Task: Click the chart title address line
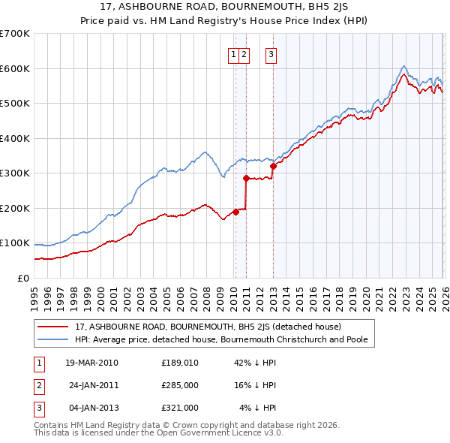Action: click(225, 7)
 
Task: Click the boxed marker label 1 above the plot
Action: click(234, 53)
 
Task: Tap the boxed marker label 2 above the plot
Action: click(246, 53)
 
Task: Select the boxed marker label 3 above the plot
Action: click(271, 53)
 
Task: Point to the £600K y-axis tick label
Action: click(15, 68)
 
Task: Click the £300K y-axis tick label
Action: click(15, 173)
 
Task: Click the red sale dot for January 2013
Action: click(273, 166)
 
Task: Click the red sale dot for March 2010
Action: click(235, 212)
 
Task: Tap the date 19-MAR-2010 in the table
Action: click(91, 363)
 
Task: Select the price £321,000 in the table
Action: click(179, 408)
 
